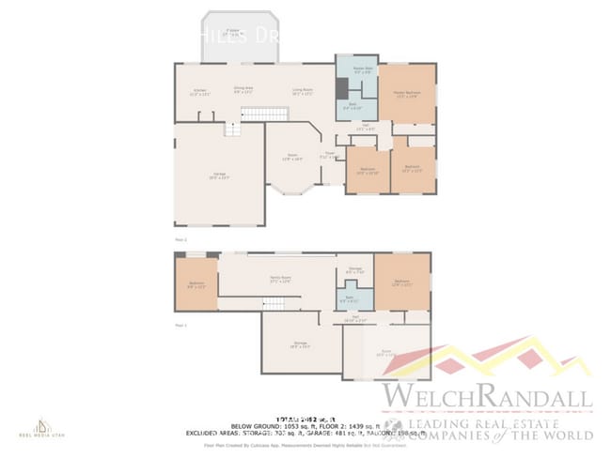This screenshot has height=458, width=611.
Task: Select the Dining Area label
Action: tap(243, 90)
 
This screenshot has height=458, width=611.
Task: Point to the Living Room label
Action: tap(302, 92)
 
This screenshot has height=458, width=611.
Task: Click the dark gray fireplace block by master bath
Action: tap(342, 87)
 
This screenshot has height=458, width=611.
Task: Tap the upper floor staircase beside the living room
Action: tap(264, 114)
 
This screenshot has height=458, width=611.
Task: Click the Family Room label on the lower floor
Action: tap(278, 281)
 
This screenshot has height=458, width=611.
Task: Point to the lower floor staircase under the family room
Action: tap(273, 302)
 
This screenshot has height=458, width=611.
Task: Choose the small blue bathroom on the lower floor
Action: tap(355, 298)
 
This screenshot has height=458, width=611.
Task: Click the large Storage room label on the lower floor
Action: tap(301, 344)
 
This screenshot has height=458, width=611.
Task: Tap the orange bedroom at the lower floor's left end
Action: tap(196, 285)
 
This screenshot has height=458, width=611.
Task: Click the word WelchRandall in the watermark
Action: tap(487, 396)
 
